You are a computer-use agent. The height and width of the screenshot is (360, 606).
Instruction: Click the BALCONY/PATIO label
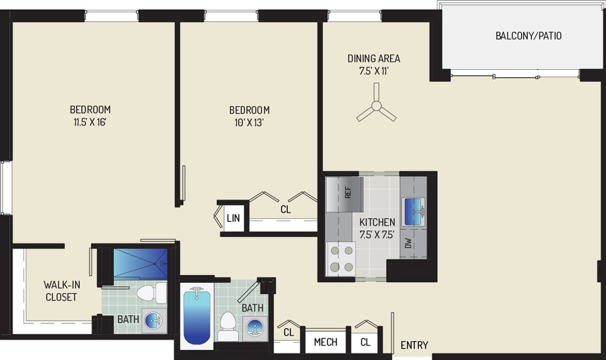click(528, 36)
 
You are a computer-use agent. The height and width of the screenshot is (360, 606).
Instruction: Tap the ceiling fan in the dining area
click(376, 105)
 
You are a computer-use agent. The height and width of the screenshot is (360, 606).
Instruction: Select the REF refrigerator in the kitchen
click(344, 194)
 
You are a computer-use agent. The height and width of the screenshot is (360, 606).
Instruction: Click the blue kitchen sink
click(414, 212)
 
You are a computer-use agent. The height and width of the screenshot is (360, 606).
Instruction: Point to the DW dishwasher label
click(408, 243)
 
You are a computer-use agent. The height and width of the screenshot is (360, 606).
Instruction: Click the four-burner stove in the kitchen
click(341, 259)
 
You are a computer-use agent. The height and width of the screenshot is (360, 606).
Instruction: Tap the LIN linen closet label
click(233, 219)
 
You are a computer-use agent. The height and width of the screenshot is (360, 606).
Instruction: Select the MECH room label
click(325, 342)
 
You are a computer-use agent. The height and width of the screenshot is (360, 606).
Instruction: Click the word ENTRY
click(414, 345)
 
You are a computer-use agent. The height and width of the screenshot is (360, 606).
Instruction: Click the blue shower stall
click(140, 263)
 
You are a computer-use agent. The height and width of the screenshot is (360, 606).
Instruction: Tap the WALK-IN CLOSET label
click(62, 291)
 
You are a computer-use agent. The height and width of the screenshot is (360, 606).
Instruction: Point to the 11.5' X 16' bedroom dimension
click(90, 122)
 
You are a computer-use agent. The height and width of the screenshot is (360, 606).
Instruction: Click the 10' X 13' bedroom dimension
click(249, 123)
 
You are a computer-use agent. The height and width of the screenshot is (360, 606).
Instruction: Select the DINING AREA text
click(374, 59)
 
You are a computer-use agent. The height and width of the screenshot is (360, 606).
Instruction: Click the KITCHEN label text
click(377, 223)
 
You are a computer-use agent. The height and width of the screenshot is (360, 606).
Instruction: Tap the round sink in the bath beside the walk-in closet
click(153, 321)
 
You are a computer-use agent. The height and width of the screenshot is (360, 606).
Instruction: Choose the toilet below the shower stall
click(151, 293)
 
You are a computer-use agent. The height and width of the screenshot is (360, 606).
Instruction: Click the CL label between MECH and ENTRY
click(365, 342)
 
